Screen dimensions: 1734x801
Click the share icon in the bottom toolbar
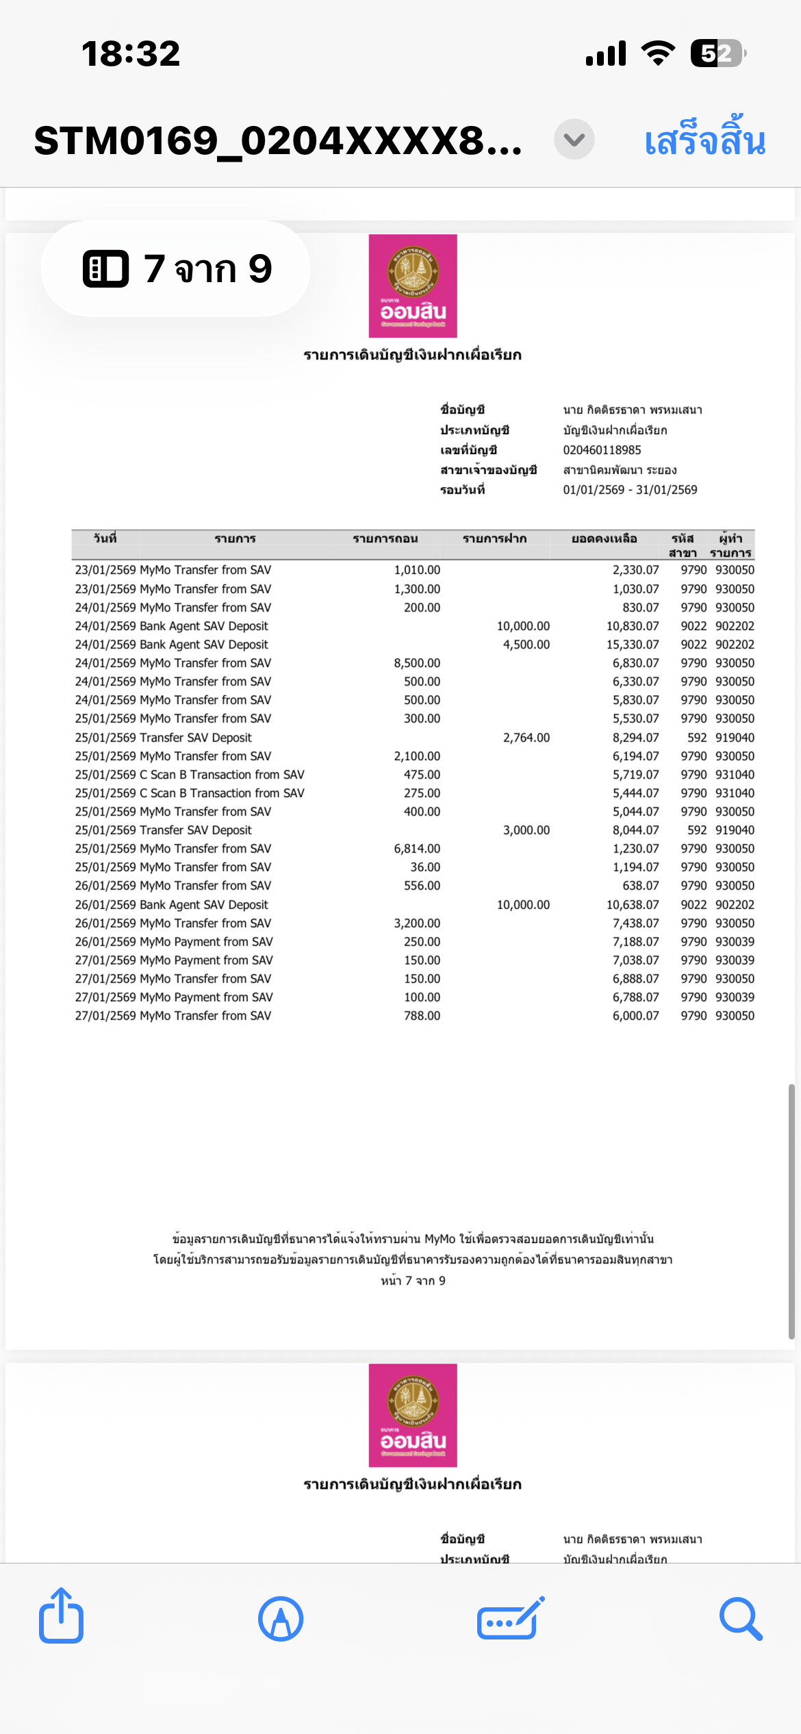61,1618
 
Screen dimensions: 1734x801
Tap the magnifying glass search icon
741,1619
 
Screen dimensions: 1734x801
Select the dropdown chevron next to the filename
574,140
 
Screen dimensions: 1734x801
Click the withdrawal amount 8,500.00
417,663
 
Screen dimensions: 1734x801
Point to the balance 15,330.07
633,644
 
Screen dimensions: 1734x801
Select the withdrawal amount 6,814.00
417,849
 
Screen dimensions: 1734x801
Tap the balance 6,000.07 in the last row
635,1016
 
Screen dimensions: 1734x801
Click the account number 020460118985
602,450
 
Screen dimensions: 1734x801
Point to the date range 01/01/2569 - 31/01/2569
630,490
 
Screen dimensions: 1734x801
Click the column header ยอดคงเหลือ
604,539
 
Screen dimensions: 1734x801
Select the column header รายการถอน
385,539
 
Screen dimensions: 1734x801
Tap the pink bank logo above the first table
413,286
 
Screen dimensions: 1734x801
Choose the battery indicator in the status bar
717,53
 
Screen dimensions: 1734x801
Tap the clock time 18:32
131,53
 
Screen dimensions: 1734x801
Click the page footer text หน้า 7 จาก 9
413,1281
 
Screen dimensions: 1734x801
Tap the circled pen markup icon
281,1619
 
